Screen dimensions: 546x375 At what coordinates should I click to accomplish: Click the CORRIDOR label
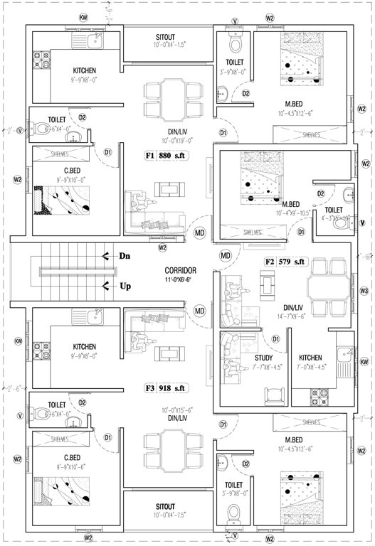180,271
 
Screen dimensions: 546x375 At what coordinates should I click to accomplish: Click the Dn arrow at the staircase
118,256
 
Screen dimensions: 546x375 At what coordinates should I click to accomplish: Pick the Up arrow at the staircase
118,287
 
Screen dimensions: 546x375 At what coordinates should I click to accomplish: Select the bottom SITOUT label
170,509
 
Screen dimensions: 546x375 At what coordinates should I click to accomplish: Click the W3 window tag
364,291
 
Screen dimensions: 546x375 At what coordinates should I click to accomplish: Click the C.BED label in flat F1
70,171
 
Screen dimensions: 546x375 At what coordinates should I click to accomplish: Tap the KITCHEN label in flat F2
310,358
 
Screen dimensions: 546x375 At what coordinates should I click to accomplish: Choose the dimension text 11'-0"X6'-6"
180,280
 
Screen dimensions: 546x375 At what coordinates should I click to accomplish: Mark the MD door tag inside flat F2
226,255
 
